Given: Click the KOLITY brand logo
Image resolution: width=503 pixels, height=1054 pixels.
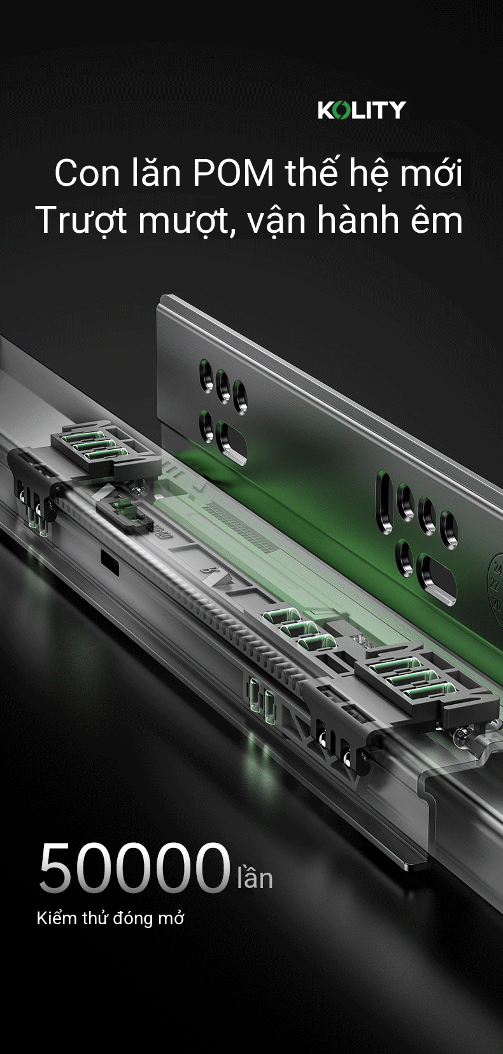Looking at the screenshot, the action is [x=362, y=109].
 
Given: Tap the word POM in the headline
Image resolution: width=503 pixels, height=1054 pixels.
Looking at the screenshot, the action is [x=233, y=172].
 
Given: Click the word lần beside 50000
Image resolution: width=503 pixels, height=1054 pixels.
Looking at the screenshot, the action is [x=255, y=876].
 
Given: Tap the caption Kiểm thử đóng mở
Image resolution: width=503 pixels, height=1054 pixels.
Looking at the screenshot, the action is [x=110, y=918].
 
